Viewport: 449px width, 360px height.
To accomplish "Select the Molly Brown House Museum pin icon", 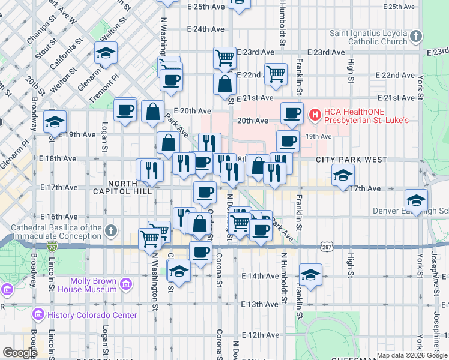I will [126, 284].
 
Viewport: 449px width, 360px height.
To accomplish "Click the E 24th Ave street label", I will [205, 29].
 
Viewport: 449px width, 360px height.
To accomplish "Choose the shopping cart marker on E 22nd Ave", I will [276, 74].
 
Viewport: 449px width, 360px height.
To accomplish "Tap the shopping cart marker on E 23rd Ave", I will [224, 58].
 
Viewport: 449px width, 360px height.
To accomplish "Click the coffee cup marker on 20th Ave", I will [292, 113].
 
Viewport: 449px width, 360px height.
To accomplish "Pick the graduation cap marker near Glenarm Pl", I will [106, 54].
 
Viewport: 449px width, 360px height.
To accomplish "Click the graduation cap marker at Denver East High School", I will [416, 200].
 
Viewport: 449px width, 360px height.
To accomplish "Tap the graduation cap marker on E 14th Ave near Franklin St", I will [310, 275].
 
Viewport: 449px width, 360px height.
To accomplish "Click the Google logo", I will [20, 353].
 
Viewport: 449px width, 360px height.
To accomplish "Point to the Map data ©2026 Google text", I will [411, 355].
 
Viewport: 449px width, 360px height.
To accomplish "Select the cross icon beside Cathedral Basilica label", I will [110, 230].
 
